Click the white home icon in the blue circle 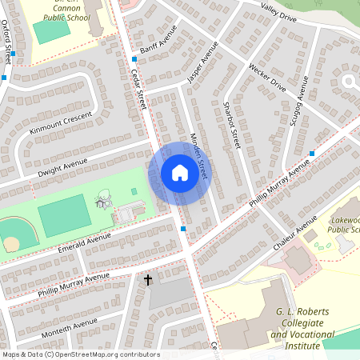click(x=179, y=173)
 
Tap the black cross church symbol click(x=148, y=280)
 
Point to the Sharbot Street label click(x=232, y=125)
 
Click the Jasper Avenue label click(x=202, y=69)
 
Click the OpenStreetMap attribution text click(x=80, y=354)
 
